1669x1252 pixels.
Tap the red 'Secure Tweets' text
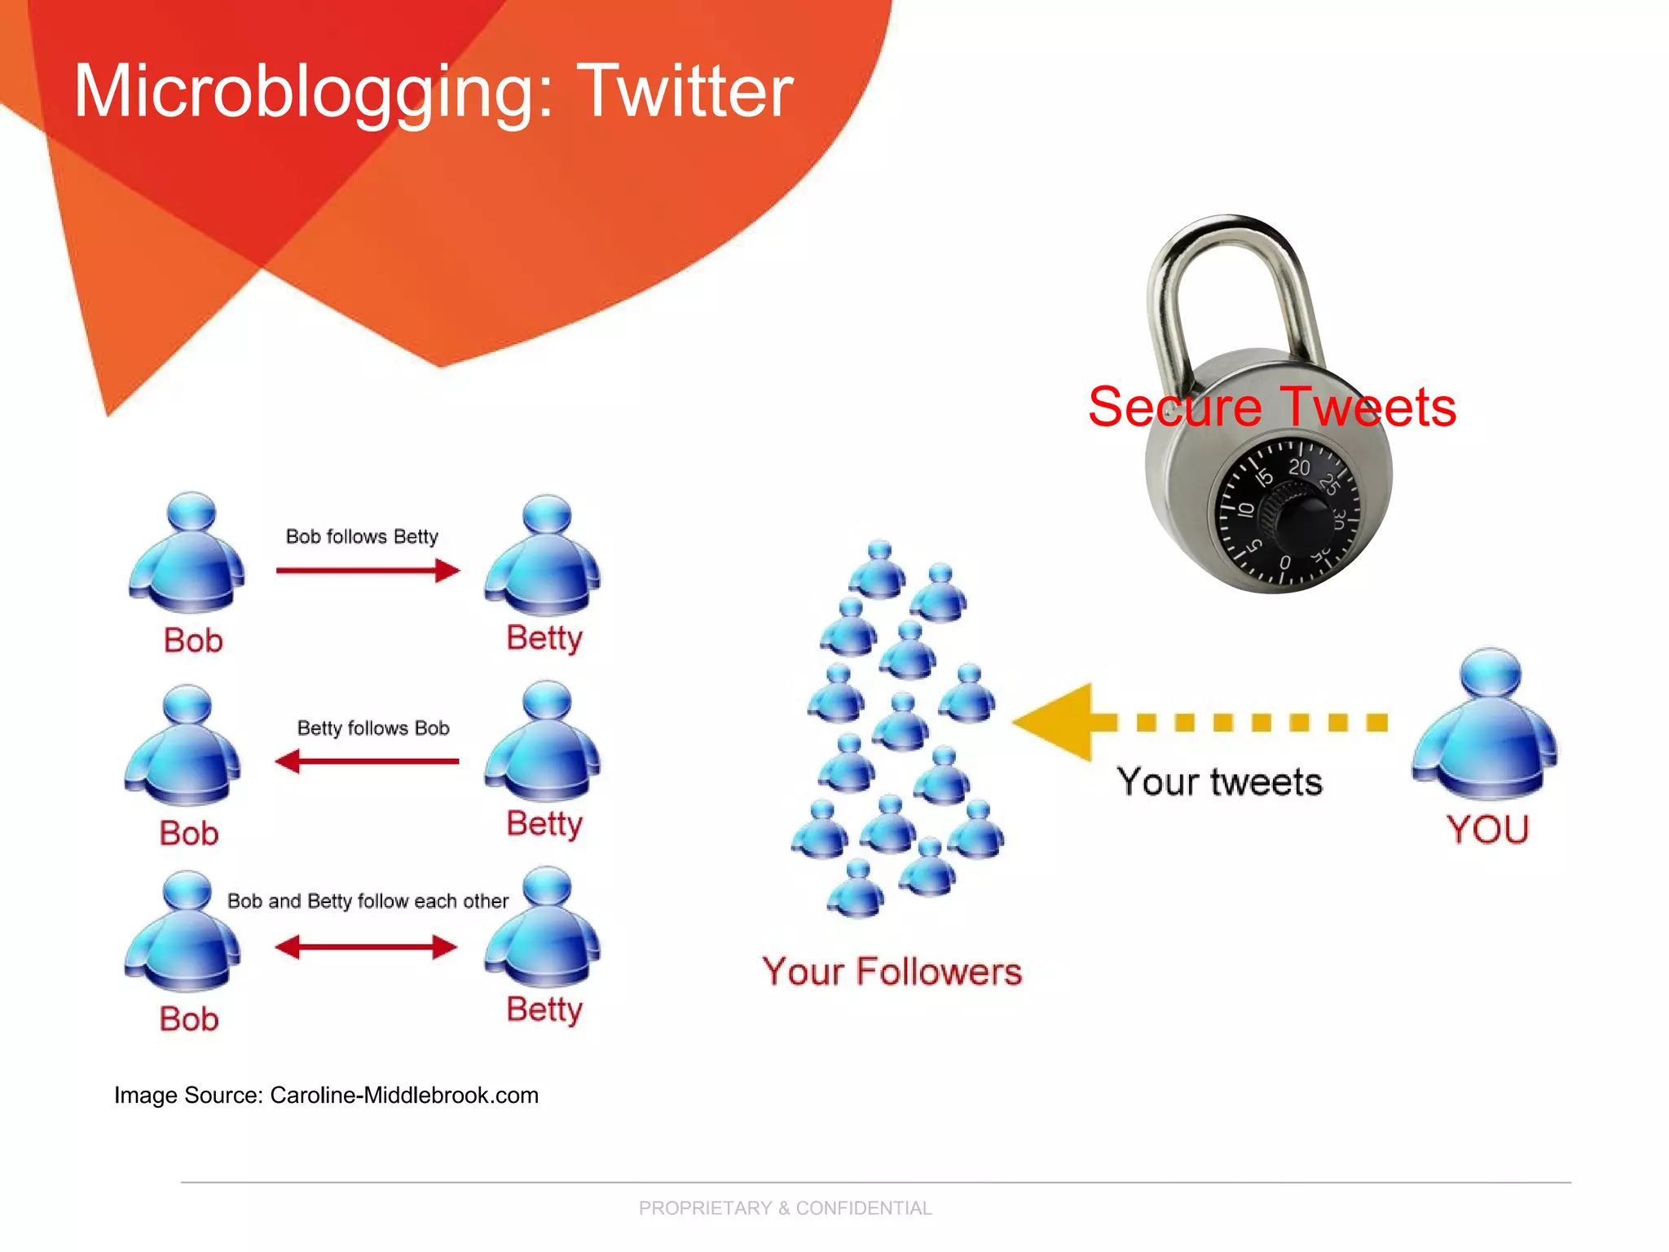(x=1271, y=407)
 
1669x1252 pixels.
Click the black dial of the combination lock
(x=1288, y=514)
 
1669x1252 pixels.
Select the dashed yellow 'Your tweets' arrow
(x=1198, y=722)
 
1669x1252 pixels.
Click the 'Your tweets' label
(x=1219, y=782)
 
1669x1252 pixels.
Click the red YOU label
(x=1487, y=830)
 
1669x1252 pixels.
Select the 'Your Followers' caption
(x=892, y=972)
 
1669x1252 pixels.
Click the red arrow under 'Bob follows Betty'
(x=368, y=571)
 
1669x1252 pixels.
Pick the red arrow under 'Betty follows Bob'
(x=368, y=761)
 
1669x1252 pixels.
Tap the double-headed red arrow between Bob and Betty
(x=366, y=947)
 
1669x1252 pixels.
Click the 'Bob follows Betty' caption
(x=362, y=536)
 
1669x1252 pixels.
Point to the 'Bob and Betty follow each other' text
(x=368, y=901)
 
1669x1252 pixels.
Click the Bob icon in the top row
(x=187, y=554)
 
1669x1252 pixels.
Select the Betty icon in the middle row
(x=544, y=742)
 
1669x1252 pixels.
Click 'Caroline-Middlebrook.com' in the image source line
(x=404, y=1095)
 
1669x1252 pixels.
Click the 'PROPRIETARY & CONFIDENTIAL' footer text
(x=785, y=1208)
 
